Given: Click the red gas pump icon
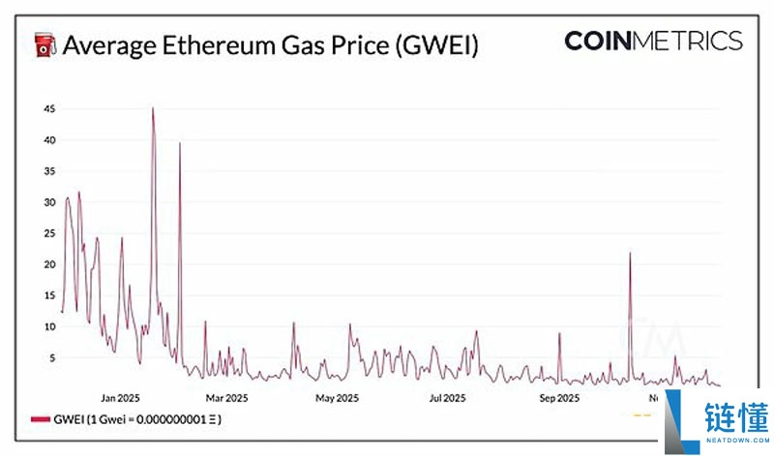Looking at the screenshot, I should [x=45, y=45].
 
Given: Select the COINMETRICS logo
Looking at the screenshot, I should [x=653, y=41].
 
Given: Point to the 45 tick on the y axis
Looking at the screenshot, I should [x=47, y=109].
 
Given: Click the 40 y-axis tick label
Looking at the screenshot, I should [x=47, y=140].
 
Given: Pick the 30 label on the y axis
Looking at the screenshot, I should [x=47, y=202].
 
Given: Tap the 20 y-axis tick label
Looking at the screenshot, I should [x=47, y=265].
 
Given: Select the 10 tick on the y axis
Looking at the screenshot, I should [x=47, y=327].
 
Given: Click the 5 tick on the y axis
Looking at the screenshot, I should [x=50, y=357].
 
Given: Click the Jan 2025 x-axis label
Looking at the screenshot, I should [x=122, y=397].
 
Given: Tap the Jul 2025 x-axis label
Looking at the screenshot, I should [x=448, y=397].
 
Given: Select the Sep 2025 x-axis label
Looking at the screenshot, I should [x=558, y=397].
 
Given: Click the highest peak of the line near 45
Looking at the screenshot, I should [x=153, y=109].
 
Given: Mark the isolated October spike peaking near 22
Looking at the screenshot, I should [x=630, y=253].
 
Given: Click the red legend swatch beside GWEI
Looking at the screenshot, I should [x=40, y=419].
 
